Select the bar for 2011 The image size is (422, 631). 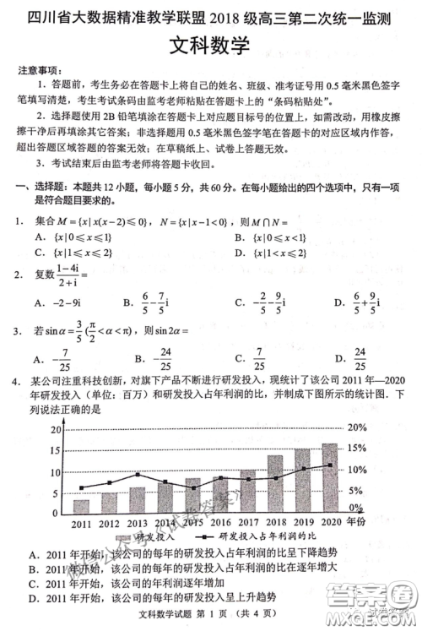(x=81, y=507)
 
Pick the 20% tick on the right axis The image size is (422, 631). (x=357, y=427)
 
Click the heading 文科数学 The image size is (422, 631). (x=210, y=46)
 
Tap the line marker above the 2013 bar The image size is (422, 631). (x=137, y=475)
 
